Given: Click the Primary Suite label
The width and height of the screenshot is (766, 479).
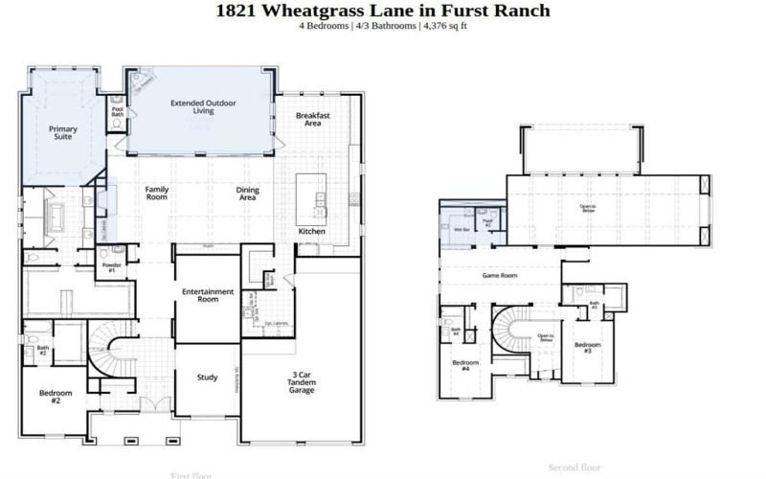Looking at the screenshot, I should click(x=63, y=132).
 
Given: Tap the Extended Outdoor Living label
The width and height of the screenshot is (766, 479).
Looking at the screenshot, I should click(x=203, y=106).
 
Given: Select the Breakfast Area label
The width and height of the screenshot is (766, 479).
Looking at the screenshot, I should click(x=312, y=119).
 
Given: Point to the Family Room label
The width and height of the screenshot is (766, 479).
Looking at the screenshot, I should click(x=157, y=194).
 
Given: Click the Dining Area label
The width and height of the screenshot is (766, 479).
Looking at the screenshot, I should click(x=248, y=194).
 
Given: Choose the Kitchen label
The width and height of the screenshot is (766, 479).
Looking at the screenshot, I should click(x=311, y=232).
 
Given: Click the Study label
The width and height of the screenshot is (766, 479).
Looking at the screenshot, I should click(x=207, y=376).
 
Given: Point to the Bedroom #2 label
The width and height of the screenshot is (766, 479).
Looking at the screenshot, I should click(x=50, y=396).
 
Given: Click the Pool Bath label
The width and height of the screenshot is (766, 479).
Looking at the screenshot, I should click(x=118, y=112).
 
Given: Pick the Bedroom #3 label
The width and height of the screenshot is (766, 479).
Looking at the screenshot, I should click(x=588, y=348).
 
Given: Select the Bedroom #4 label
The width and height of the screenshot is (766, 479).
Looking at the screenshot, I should click(x=465, y=366).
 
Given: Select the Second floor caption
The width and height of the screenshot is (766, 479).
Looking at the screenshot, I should click(x=574, y=468).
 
